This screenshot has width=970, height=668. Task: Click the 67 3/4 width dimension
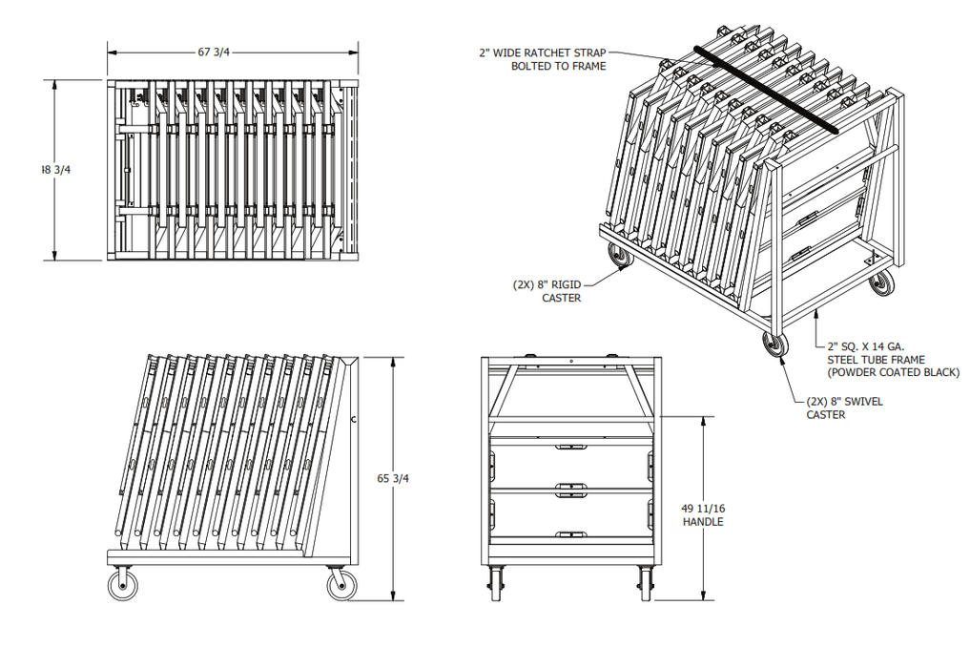[x=214, y=52]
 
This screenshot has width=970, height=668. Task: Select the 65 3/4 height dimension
[x=393, y=478]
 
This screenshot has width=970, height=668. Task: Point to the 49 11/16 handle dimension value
[x=703, y=509]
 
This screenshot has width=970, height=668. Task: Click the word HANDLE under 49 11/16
[x=703, y=522]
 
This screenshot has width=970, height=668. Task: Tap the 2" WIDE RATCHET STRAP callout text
[x=542, y=53]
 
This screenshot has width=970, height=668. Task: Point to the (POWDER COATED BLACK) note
[x=893, y=372]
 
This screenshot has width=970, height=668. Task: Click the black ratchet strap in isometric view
[x=766, y=88]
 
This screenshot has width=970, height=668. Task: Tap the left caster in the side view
[x=123, y=584]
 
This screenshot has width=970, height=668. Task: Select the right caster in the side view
[x=341, y=584]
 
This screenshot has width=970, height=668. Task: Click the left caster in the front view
[x=496, y=582]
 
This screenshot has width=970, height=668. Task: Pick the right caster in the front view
[x=646, y=582]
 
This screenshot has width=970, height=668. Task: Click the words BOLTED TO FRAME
[x=558, y=67]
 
